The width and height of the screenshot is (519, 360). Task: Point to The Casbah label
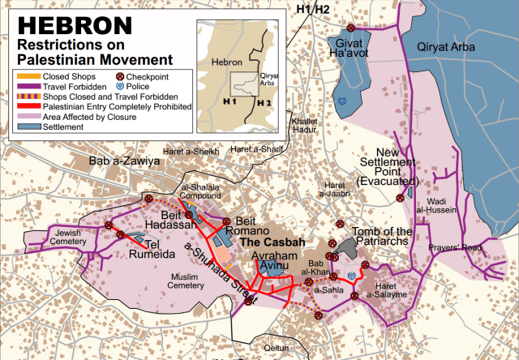[272, 242]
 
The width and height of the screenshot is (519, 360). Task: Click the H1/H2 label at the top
[313, 10]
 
